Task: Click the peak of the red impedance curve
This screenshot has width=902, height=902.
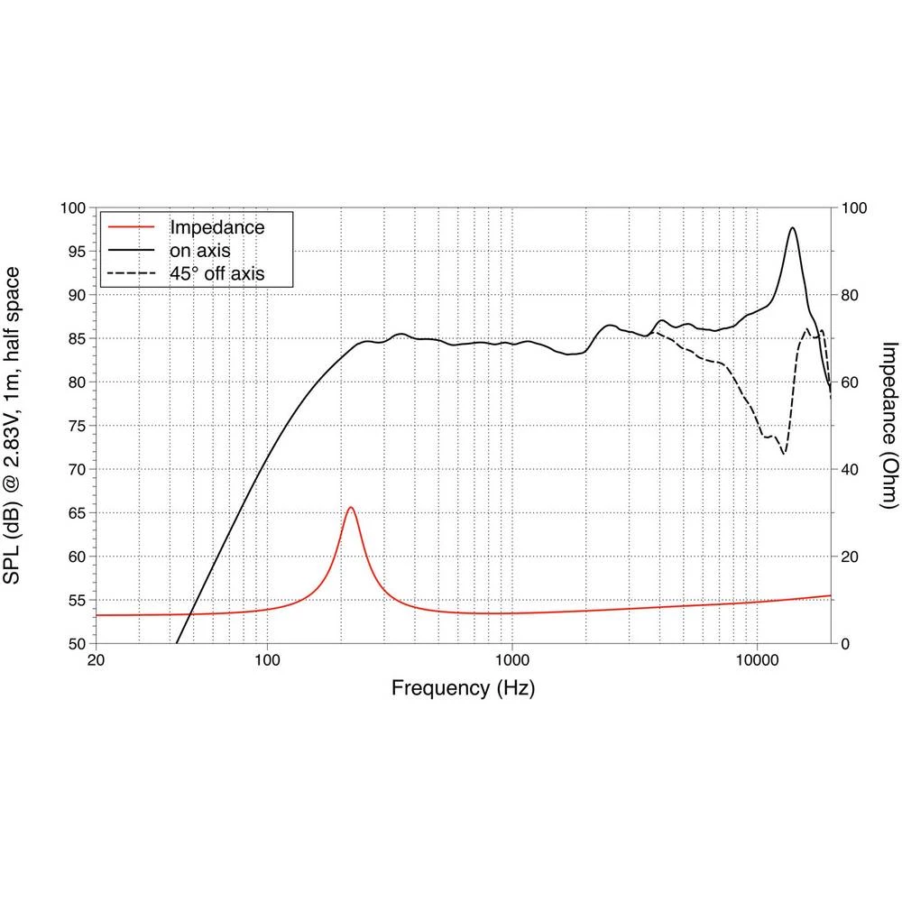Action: [350, 508]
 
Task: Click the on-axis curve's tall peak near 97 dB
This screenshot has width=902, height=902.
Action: [792, 228]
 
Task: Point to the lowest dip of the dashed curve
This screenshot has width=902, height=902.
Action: [783, 453]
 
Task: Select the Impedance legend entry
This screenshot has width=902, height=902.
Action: [216, 227]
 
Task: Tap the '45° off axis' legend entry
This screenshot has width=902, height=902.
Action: [216, 272]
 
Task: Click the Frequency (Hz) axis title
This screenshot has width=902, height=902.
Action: [463, 689]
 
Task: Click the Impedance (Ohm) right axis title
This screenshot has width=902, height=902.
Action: [888, 425]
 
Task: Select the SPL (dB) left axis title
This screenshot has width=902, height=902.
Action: [14, 425]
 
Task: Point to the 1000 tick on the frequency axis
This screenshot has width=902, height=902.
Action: [512, 658]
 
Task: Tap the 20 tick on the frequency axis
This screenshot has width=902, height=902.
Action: [96, 658]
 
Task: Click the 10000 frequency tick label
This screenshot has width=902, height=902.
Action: [757, 658]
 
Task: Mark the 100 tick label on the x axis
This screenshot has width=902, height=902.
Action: [267, 658]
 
